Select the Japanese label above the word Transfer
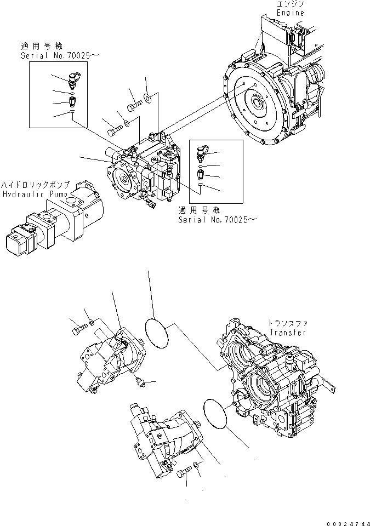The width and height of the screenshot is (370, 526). click(x=285, y=323)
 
